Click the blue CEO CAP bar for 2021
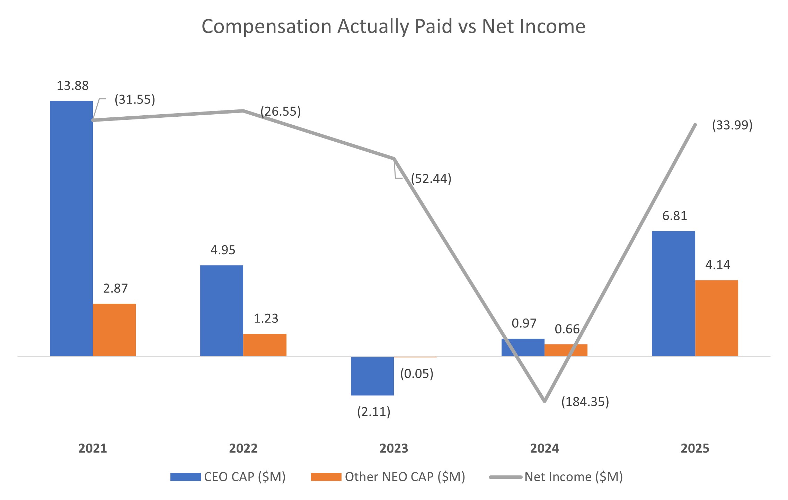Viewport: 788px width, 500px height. pos(71,228)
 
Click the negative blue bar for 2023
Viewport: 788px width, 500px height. pos(372,376)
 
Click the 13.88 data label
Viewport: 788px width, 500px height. pos(73,86)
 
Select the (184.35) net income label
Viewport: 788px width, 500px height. pos(585,402)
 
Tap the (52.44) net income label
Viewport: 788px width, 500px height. pos(431,179)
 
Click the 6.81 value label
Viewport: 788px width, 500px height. pos(674,216)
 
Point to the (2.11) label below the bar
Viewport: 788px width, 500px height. pos(374,412)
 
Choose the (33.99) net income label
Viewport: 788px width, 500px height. pos(732,125)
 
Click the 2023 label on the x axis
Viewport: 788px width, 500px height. pos(394,448)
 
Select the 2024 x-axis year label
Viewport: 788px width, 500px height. pos(544,448)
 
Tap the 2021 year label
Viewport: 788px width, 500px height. pos(93,448)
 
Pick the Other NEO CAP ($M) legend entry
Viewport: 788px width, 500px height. pos(388,477)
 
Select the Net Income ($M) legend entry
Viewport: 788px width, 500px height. pos(556,477)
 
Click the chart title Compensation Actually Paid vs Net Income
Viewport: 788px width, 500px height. pos(393,26)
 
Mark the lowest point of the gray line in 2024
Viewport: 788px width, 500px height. pos(544,401)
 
